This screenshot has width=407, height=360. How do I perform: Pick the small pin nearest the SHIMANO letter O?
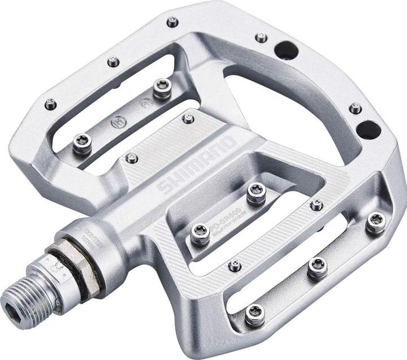click(x=188, y=119)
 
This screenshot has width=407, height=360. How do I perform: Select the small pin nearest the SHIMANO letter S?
click(x=132, y=158)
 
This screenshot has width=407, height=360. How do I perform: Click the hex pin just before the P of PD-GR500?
click(x=200, y=233)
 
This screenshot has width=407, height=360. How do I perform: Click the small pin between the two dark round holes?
click(x=355, y=108)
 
